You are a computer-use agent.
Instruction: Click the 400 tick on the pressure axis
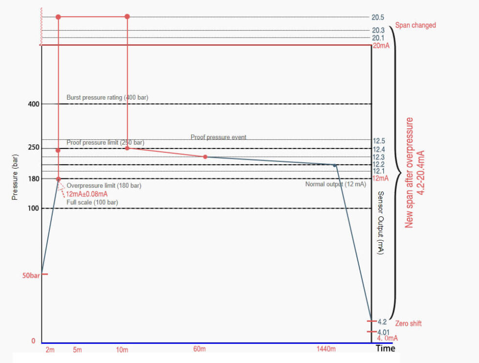pyautogui.click(x=34, y=104)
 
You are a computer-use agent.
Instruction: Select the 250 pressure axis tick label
pyautogui.click(x=34, y=148)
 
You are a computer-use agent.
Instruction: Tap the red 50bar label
pyautogui.click(x=31, y=276)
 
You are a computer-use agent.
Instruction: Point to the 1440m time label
pyautogui.click(x=326, y=349)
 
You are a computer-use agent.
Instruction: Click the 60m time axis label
pyautogui.click(x=199, y=349)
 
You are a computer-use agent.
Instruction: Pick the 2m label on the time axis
pyautogui.click(x=50, y=350)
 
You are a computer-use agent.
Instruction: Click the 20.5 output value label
pyautogui.click(x=378, y=18)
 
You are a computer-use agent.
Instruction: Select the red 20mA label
pyautogui.click(x=381, y=46)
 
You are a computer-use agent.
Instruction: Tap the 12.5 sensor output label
pyautogui.click(x=379, y=141)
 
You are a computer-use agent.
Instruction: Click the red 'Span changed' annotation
pyautogui.click(x=415, y=25)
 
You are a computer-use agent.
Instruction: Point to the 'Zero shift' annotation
pyautogui.click(x=409, y=323)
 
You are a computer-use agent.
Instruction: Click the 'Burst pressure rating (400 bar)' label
pyautogui.click(x=108, y=97)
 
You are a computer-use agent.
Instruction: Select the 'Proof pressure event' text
pyautogui.click(x=218, y=137)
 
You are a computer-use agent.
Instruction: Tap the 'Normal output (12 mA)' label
pyautogui.click(x=336, y=184)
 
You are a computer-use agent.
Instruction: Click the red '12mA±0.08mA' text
pyautogui.click(x=87, y=194)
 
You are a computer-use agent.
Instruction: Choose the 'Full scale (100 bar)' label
pyautogui.click(x=92, y=202)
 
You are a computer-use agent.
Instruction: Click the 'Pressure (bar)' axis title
pyautogui.click(x=15, y=177)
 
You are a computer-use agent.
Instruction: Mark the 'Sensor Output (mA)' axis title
pyautogui.click(x=381, y=223)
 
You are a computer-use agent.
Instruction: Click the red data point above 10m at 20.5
pyautogui.click(x=128, y=17)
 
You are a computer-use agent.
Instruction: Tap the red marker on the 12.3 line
pyautogui.click(x=205, y=157)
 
